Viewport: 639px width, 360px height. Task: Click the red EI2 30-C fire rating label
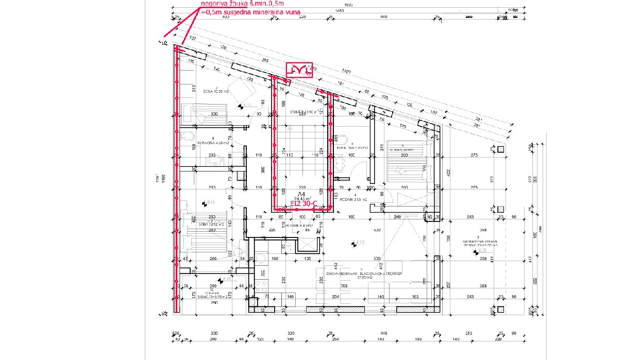(303, 204)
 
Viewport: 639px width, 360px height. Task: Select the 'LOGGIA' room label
(205, 293)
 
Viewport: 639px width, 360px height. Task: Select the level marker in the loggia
(221, 280)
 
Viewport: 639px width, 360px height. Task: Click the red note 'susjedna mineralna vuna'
(258, 11)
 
